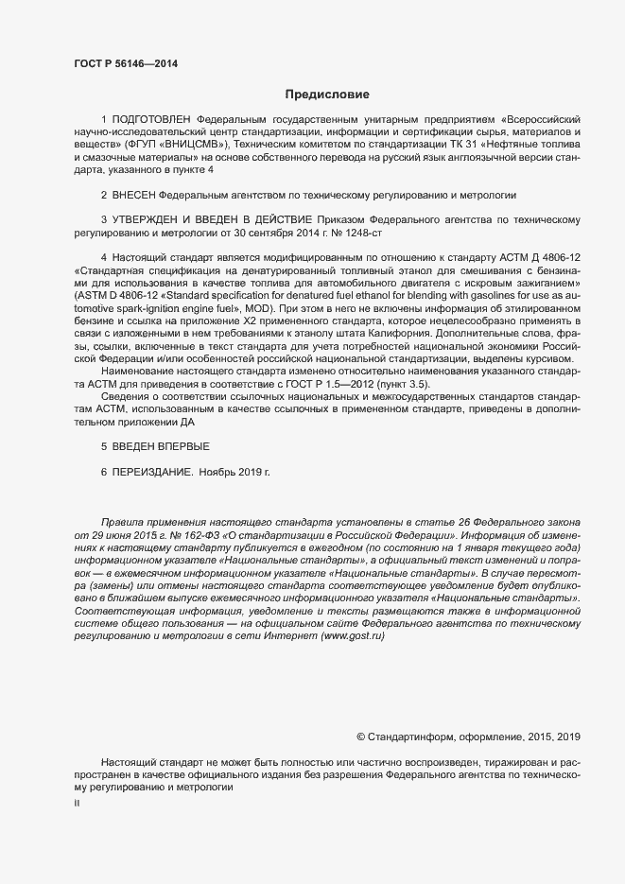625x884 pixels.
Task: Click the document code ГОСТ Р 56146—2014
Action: tap(125, 63)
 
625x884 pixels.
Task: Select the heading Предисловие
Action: tap(327, 95)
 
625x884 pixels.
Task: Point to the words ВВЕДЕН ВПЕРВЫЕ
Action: tap(161, 444)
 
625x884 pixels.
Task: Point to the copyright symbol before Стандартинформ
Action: tap(361, 736)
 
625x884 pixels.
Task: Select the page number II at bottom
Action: tap(77, 804)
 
